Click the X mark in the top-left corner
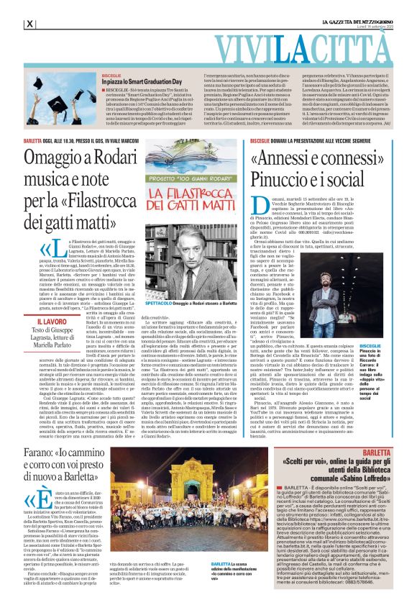click(x=29, y=24)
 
